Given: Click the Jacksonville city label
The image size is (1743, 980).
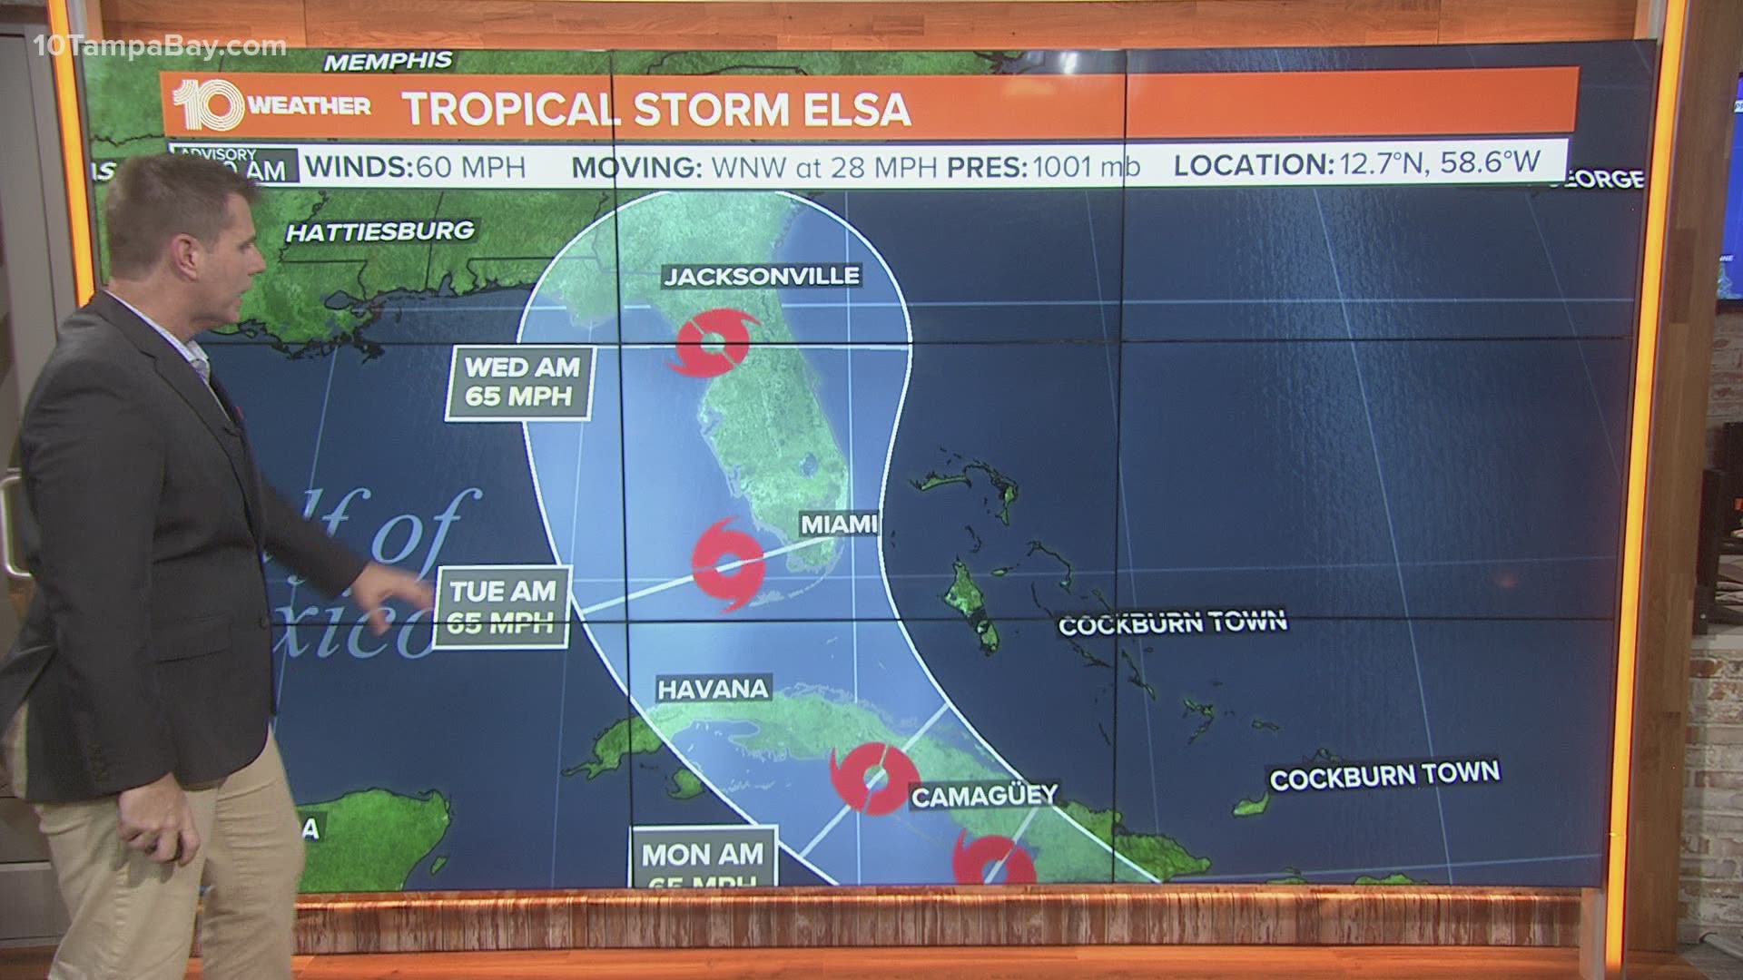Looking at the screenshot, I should [x=761, y=276].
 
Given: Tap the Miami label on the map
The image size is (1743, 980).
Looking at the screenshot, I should [x=838, y=524].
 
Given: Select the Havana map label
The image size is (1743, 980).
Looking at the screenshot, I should [x=713, y=689].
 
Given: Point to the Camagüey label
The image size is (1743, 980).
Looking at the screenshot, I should [x=984, y=796].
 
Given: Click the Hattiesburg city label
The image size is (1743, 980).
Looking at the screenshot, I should [x=380, y=231].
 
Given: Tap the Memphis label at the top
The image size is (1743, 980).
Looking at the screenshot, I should [x=388, y=62].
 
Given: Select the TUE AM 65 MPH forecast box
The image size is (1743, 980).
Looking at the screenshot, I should [x=502, y=606].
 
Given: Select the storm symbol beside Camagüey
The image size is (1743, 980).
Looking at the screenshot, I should [x=873, y=778].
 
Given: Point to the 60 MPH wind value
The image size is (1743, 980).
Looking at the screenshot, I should [x=469, y=167].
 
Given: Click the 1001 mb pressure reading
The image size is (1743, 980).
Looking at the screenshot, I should [x=1085, y=167].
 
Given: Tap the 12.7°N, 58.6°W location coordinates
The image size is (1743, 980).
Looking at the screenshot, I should [x=1438, y=164].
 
